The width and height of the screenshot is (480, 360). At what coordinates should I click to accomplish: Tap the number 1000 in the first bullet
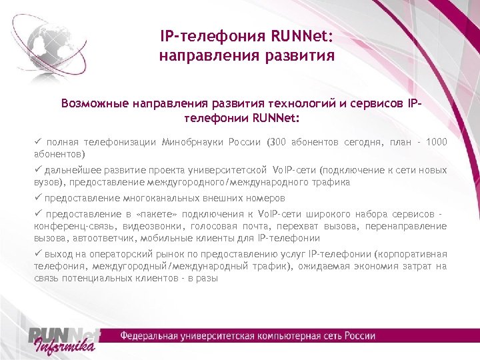click(436, 142)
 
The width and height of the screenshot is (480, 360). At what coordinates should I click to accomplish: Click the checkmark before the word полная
click(39, 141)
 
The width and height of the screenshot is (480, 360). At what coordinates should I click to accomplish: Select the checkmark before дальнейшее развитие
click(39, 169)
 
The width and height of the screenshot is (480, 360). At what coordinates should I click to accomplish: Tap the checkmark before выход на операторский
click(39, 254)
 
